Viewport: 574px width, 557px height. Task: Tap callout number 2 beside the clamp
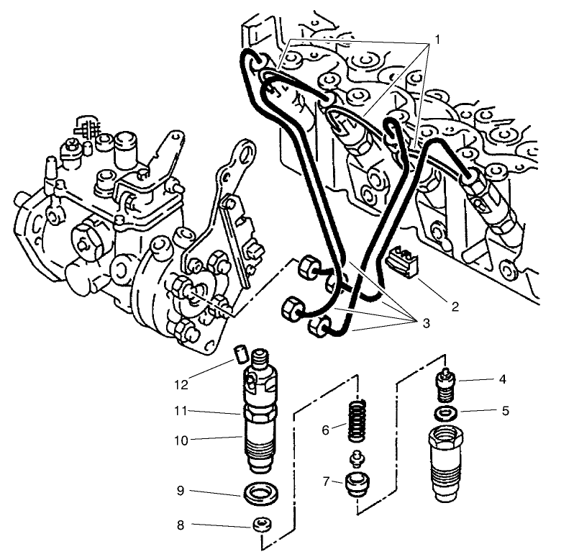click(454, 306)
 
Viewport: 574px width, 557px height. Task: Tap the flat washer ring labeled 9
click(256, 495)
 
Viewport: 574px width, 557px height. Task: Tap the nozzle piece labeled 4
click(446, 386)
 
